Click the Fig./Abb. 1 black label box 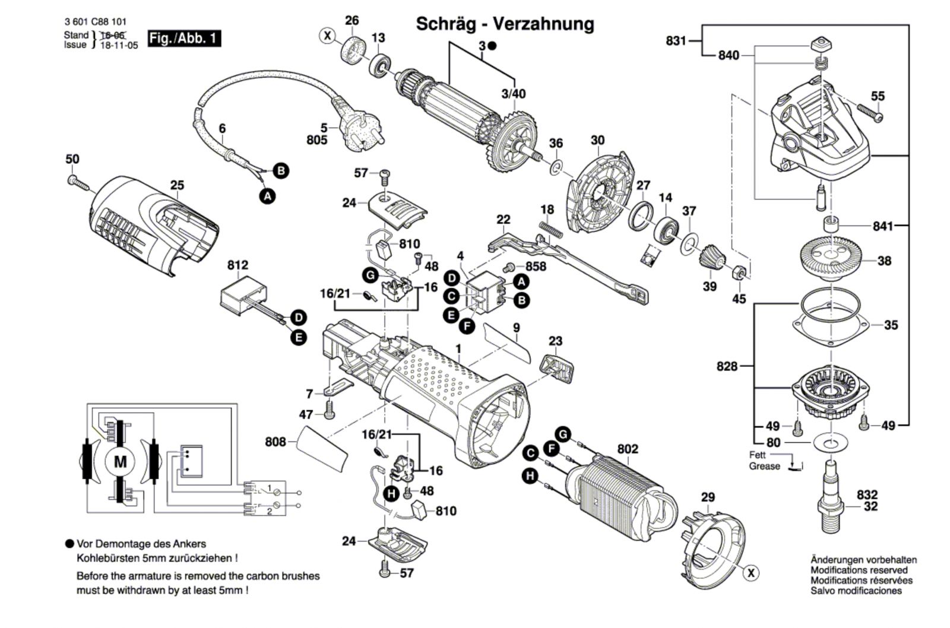point(184,39)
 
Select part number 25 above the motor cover point(177,185)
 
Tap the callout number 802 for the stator point(627,449)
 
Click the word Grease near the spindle point(764,467)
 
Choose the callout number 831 point(676,41)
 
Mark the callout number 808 point(275,442)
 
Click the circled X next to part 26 point(327,36)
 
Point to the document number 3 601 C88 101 point(96,22)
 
